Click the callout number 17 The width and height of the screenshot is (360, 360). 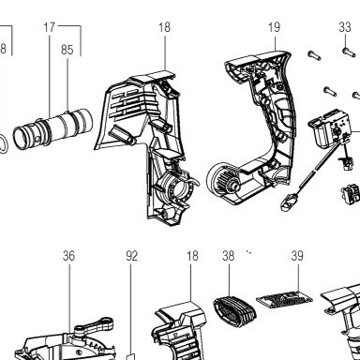(x=49, y=27)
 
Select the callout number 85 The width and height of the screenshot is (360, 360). (x=67, y=50)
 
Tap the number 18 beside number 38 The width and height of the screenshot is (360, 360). (x=192, y=256)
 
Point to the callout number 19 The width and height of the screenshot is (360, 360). (x=274, y=27)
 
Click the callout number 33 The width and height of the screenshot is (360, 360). (x=345, y=27)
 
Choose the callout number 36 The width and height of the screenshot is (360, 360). (x=68, y=256)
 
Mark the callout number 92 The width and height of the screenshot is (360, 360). (x=131, y=256)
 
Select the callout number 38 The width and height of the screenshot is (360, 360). (x=229, y=256)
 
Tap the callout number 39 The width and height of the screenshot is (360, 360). (x=297, y=256)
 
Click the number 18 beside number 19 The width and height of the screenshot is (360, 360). (x=164, y=27)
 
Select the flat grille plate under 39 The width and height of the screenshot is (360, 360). (x=285, y=298)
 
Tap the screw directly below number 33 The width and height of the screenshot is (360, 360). (x=349, y=52)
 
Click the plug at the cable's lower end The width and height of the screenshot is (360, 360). (x=289, y=202)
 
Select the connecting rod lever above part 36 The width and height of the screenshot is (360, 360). (x=93, y=326)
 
